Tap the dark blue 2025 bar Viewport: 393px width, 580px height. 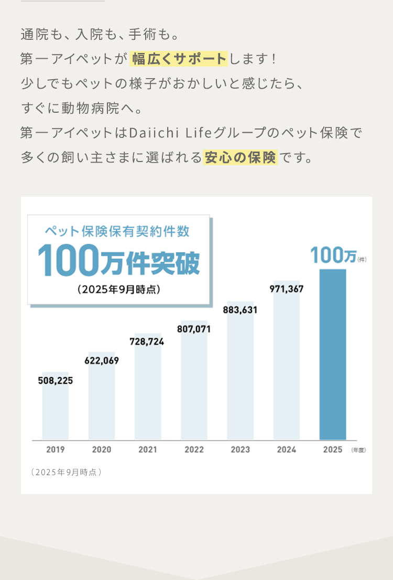pos(333,354)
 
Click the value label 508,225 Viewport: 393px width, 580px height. pos(55,381)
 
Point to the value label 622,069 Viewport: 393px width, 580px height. pos(102,361)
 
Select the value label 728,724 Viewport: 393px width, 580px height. pos(147,341)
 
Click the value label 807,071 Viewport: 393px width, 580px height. pos(194,329)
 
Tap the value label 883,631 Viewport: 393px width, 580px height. pos(240,310)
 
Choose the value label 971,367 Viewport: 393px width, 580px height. pos(286,289)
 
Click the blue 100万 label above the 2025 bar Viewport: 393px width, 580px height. pos(333,255)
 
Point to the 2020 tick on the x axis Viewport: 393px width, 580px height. pos(102,449)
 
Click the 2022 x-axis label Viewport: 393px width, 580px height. pos(194,449)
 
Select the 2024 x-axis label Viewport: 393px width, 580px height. pos(286,449)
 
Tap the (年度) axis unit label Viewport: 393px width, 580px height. pos(358,450)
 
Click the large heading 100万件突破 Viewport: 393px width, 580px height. pos(118,260)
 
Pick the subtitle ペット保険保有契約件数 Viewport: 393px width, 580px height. pos(117,231)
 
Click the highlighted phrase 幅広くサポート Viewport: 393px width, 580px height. pos(179,59)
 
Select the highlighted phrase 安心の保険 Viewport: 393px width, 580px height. pos(240,157)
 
